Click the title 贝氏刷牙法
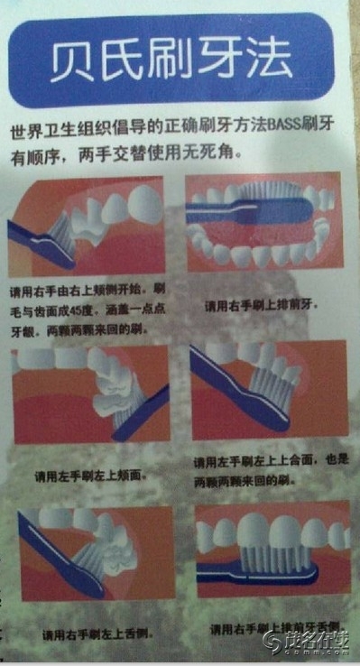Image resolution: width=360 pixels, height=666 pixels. pos(171,60)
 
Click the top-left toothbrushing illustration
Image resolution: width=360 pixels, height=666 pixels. pos(87,225)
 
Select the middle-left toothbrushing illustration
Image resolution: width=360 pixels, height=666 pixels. pos(90,393)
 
